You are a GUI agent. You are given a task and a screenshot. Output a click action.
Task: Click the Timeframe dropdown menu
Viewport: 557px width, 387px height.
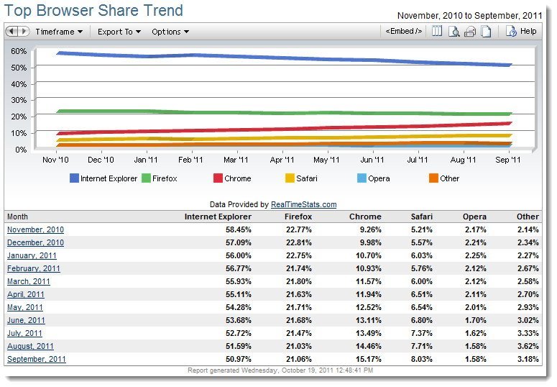tap(59, 32)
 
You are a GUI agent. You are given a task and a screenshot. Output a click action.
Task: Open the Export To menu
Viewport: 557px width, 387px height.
tap(119, 32)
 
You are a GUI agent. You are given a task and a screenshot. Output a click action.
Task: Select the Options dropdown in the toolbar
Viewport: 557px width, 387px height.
tap(170, 32)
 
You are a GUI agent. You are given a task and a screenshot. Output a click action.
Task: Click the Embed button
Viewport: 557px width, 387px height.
tap(403, 32)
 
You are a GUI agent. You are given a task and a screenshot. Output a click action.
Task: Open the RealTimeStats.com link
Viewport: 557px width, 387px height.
tap(304, 204)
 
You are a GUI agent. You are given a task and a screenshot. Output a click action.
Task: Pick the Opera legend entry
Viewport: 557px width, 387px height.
tap(375, 178)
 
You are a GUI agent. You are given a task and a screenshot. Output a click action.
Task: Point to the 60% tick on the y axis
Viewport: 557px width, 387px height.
tap(19, 51)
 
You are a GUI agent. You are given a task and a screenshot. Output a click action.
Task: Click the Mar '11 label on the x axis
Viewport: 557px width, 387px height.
tap(235, 160)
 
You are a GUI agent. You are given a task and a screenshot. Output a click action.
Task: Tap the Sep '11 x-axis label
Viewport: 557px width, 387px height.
tap(508, 160)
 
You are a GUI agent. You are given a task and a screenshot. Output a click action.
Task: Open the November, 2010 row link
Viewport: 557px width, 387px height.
tap(35, 229)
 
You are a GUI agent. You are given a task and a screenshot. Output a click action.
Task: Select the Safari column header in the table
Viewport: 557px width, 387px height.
tap(421, 216)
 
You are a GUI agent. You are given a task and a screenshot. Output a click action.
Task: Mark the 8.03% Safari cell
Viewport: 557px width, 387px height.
tap(421, 359)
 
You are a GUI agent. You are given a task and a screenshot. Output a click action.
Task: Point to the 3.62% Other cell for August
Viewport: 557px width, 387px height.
tap(527, 346)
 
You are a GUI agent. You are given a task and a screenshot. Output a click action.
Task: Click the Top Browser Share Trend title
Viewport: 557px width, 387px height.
tap(94, 11)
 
